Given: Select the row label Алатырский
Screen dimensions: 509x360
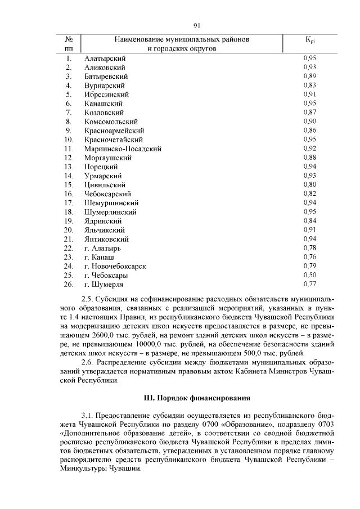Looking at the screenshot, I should [x=105, y=58].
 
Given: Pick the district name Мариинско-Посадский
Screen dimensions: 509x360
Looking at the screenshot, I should [x=123, y=149].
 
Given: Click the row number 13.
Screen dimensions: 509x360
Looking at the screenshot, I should [x=69, y=167].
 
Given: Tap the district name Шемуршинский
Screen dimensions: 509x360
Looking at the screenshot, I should [x=111, y=203].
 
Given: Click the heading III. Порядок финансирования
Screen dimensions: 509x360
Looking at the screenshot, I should [x=197, y=398].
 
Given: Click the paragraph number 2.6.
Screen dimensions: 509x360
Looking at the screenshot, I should [x=89, y=362].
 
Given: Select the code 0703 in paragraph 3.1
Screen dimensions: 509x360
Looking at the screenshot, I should [x=322, y=425].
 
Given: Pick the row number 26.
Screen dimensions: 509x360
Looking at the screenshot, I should [x=69, y=284].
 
